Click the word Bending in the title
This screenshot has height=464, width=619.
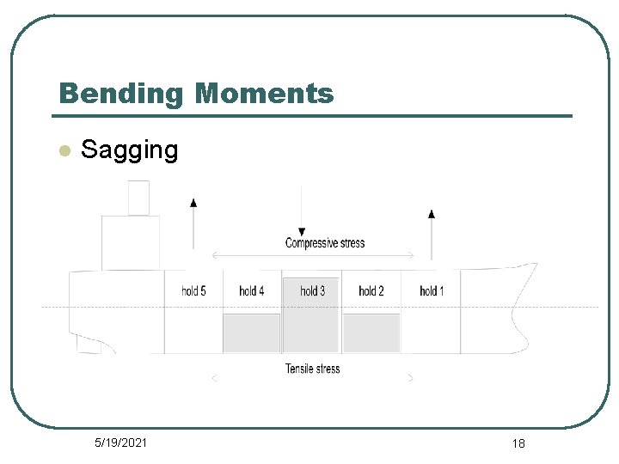point(120,93)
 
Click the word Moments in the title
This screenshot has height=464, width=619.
point(264,92)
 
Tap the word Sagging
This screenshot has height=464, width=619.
point(129,150)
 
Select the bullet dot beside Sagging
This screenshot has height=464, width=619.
point(63,151)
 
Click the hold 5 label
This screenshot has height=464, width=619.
point(193,291)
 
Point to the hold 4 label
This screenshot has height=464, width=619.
point(251,291)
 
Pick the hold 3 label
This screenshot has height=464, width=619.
point(312,291)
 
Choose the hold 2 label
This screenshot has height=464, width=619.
point(371,291)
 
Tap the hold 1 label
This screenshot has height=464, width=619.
point(432,291)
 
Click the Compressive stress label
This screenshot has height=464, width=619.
point(325,243)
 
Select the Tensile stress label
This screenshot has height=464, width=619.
point(312,369)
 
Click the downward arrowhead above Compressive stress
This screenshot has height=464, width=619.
point(302,232)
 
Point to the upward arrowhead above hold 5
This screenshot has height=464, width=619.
point(193,202)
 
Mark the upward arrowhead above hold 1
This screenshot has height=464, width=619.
point(432,212)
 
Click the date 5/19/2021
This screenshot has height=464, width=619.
point(120,443)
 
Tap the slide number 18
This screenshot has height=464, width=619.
point(518,443)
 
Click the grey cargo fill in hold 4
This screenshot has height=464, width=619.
point(252,333)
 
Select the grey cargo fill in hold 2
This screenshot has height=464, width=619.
point(371,333)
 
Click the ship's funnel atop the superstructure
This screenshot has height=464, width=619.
point(138,198)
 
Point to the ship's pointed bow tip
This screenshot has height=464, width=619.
point(536,265)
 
